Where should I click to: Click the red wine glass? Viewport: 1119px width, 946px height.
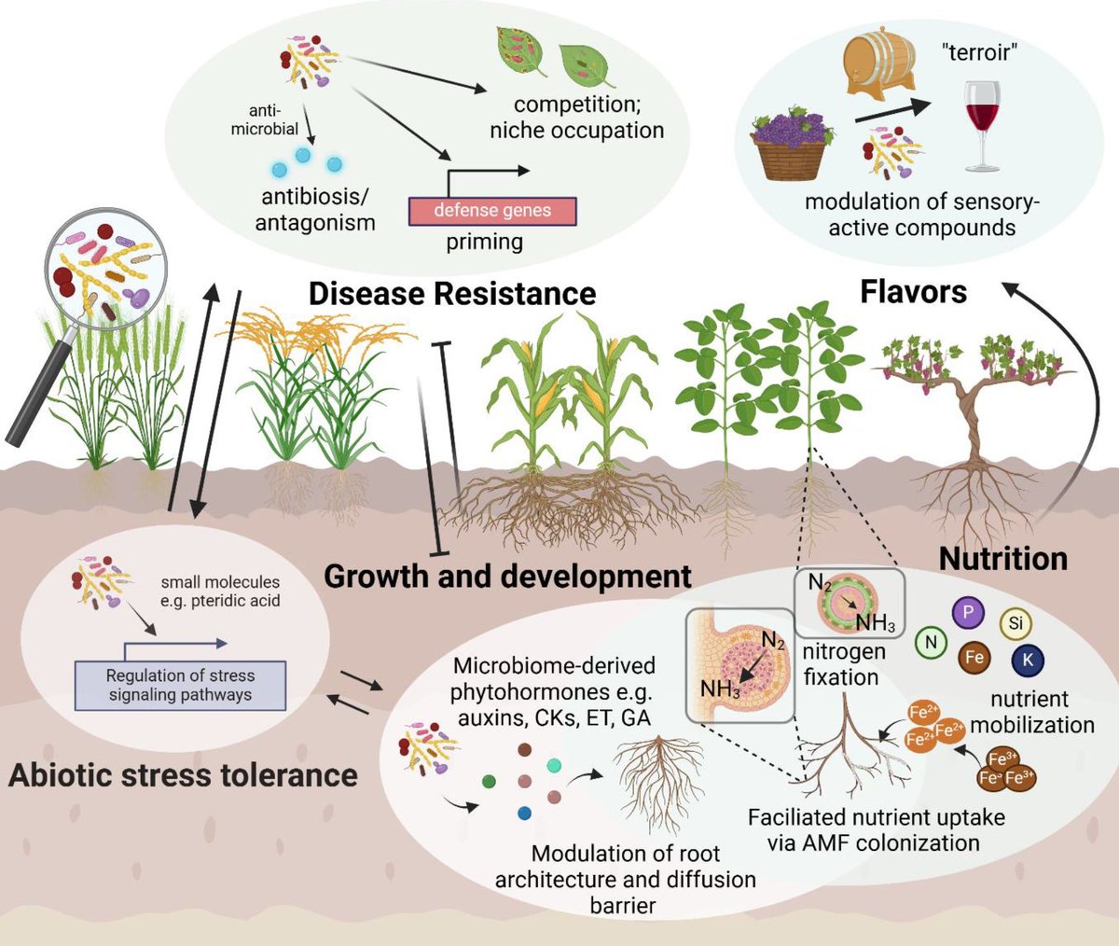[983, 121]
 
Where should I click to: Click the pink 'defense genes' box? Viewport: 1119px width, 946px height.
[492, 210]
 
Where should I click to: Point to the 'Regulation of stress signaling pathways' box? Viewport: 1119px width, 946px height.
[180, 685]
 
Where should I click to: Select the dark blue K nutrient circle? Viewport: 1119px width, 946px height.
[1028, 660]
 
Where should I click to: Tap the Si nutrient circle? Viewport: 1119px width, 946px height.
[1014, 622]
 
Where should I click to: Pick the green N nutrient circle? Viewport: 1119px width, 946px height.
[931, 641]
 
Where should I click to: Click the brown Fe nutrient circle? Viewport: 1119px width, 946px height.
[974, 658]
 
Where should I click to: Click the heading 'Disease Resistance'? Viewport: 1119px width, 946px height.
[452, 294]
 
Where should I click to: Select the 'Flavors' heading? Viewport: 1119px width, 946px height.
[913, 293]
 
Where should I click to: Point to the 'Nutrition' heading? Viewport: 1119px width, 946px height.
[1002, 559]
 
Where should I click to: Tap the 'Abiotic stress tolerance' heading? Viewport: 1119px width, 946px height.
[183, 775]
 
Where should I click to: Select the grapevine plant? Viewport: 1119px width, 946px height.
[970, 410]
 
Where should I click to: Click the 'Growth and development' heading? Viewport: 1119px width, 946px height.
[507, 576]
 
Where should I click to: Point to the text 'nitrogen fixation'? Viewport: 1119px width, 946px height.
[841, 663]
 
